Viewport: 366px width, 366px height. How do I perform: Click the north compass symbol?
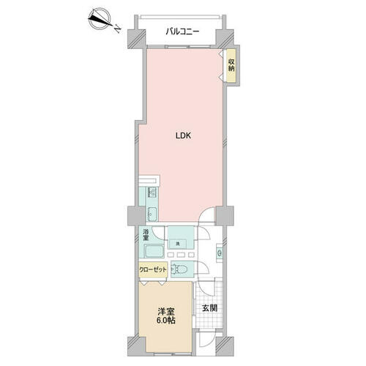(x=100, y=19)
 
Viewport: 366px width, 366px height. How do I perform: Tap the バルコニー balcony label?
(x=182, y=31)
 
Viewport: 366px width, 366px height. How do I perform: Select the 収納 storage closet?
(x=231, y=65)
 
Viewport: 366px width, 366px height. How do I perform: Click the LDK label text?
(x=183, y=136)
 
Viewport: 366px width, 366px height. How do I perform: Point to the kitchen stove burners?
(x=152, y=193)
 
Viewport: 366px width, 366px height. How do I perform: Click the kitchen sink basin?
(x=152, y=214)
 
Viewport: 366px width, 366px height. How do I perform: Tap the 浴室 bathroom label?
(x=146, y=235)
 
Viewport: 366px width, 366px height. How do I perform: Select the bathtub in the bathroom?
(x=154, y=251)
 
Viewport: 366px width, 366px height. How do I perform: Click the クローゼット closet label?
(x=153, y=269)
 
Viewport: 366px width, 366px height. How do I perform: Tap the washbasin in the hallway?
(x=220, y=253)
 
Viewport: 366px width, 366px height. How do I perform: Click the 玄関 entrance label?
(x=209, y=308)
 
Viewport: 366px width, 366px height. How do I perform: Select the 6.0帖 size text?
(x=165, y=321)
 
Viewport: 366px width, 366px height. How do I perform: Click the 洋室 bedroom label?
(x=165, y=311)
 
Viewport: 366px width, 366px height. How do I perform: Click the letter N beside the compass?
(x=118, y=29)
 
